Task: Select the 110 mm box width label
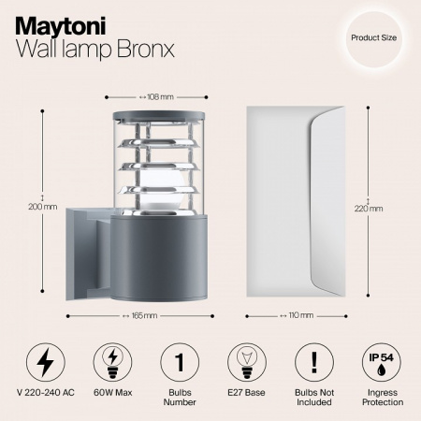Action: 299,316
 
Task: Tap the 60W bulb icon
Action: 110,362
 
